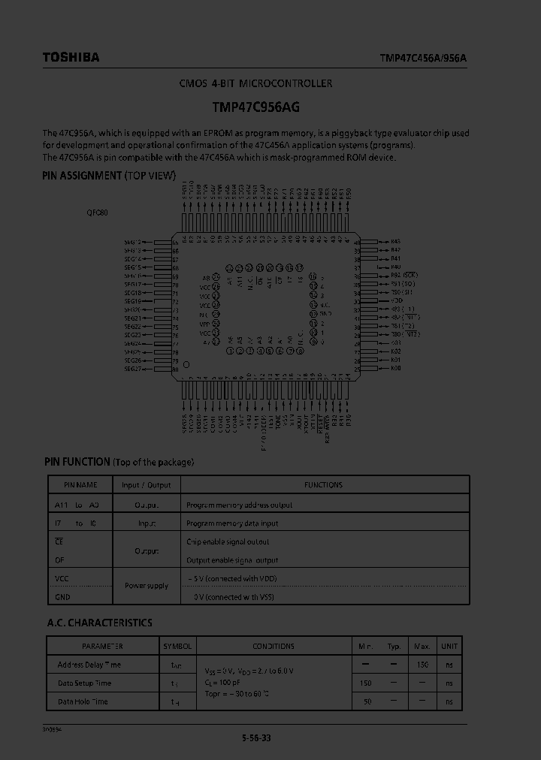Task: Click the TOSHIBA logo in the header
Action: click(x=71, y=57)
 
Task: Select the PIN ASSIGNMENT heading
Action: click(x=109, y=176)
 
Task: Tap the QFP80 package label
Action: click(x=97, y=213)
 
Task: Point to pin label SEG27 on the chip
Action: click(x=133, y=369)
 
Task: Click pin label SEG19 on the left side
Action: click(x=133, y=301)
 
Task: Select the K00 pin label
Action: click(x=396, y=368)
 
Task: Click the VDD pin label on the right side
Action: click(x=397, y=300)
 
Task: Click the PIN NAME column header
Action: click(x=80, y=485)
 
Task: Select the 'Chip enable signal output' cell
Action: click(x=228, y=541)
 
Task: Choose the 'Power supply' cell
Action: click(x=147, y=586)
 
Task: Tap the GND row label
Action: click(x=62, y=597)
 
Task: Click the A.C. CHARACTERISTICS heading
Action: click(x=99, y=623)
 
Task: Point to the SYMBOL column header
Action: click(x=178, y=646)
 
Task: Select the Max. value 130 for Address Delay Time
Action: click(x=422, y=665)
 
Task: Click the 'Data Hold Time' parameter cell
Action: click(x=83, y=701)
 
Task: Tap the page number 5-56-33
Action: click(x=256, y=737)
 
